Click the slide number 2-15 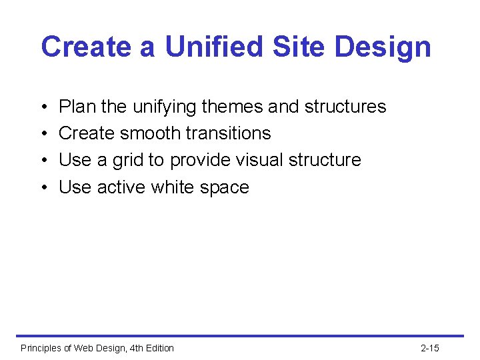coord(430,348)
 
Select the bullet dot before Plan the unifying coord(43,107)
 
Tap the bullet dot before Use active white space coord(43,188)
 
